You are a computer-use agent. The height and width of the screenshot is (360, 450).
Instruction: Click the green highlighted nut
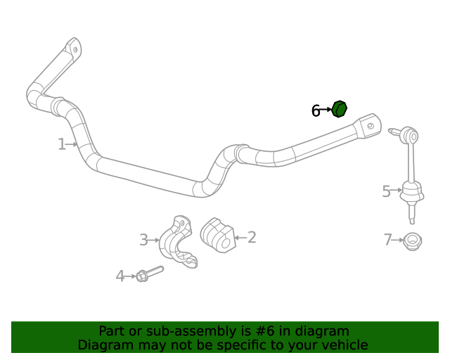(339, 110)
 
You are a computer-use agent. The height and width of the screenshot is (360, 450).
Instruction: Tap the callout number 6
(316, 110)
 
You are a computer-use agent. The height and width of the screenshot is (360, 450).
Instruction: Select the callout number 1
(62, 144)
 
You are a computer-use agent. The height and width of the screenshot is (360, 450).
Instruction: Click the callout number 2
(251, 238)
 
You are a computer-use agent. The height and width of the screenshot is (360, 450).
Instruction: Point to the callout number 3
(143, 240)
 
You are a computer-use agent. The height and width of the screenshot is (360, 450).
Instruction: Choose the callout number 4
(120, 276)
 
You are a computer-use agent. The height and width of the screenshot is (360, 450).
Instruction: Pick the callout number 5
(386, 191)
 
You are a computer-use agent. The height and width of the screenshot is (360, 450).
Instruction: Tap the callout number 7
(388, 240)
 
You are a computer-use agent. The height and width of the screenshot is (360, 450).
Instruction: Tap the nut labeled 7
(413, 240)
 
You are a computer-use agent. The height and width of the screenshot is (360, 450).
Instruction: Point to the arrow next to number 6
(326, 110)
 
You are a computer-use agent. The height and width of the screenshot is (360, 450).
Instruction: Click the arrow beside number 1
(72, 144)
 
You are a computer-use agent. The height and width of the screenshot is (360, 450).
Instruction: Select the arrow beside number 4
(131, 276)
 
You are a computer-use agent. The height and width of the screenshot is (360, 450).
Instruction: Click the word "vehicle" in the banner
(343, 345)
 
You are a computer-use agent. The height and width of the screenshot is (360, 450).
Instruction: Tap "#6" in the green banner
(279, 331)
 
